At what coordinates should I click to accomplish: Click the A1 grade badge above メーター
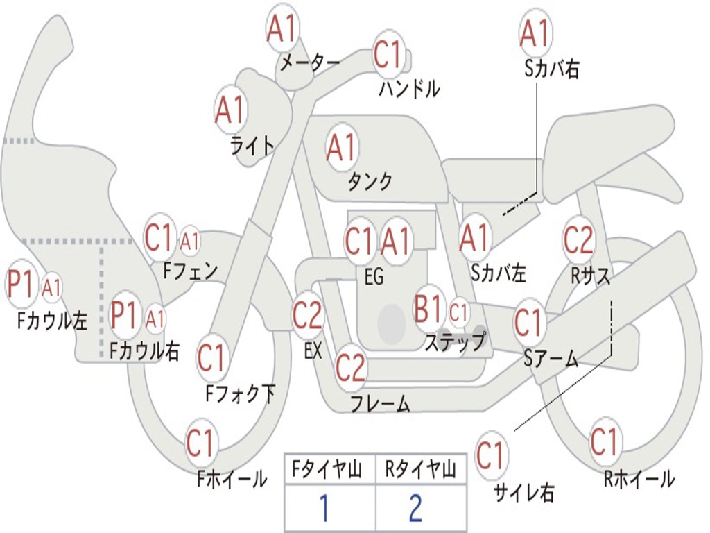tap(282, 28)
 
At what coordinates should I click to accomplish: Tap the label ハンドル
tap(409, 89)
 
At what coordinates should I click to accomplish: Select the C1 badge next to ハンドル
tap(388, 54)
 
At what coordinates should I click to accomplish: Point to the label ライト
tap(252, 145)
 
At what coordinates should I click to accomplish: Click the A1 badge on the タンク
tap(342, 147)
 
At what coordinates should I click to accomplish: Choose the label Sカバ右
tap(552, 69)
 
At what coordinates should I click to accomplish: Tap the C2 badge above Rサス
tap(579, 239)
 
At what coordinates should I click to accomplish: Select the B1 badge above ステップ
tap(429, 309)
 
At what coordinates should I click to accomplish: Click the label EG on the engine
tap(374, 277)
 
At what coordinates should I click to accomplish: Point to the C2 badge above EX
tap(308, 316)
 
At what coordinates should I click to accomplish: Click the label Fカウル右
tap(145, 351)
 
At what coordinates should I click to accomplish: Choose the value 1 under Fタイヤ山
tap(324, 508)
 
